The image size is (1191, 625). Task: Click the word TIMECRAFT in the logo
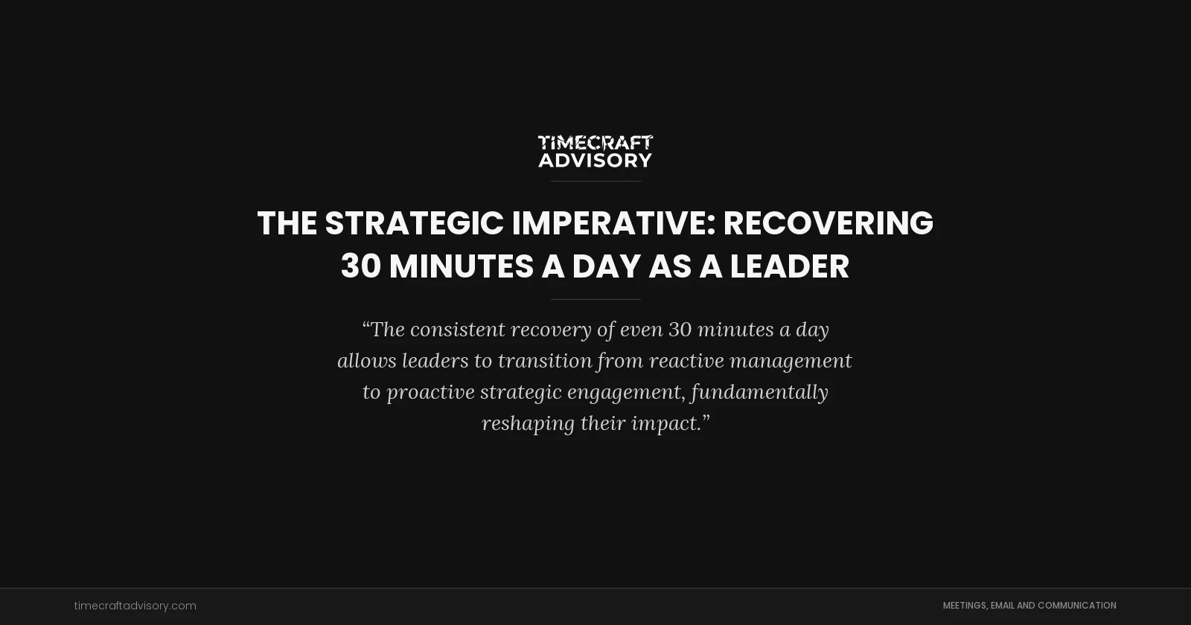(x=595, y=142)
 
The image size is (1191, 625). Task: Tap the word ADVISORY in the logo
(x=595, y=160)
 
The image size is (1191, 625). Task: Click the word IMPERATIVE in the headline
(x=613, y=223)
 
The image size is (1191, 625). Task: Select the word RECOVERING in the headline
(x=828, y=223)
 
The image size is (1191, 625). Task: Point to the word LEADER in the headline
(x=789, y=266)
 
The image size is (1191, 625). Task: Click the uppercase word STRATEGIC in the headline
(x=414, y=223)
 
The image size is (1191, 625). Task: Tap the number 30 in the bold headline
(x=360, y=266)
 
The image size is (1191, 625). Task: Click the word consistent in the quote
(x=457, y=330)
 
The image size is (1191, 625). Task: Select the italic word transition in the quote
(x=545, y=361)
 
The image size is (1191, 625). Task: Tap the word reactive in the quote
(x=686, y=361)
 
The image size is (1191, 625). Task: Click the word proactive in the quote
(x=430, y=392)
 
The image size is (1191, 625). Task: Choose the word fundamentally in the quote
(x=759, y=392)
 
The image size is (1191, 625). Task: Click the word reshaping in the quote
(x=528, y=423)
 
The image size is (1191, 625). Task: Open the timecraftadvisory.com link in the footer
(x=135, y=606)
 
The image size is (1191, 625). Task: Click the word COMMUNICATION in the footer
(x=1076, y=606)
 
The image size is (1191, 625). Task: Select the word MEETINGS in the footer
(x=965, y=606)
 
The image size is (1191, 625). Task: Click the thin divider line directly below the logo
(x=595, y=181)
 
